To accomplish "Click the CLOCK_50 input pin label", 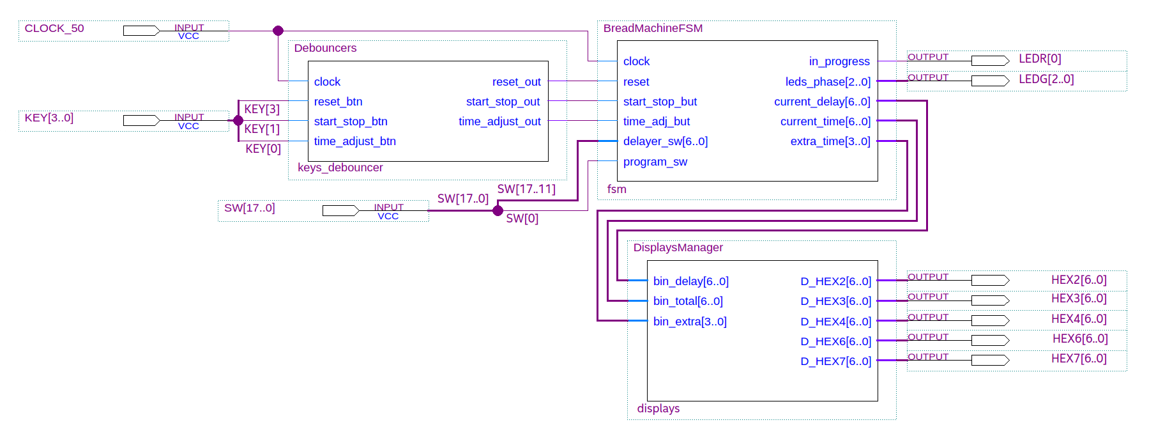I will (x=54, y=28).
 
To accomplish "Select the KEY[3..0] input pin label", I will (x=49, y=118).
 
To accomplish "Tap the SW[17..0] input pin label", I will (x=249, y=208).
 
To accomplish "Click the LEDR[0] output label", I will (x=1040, y=59).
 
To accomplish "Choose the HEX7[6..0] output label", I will (x=1079, y=359).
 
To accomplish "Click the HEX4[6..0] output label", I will (x=1079, y=318).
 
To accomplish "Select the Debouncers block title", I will (x=325, y=48).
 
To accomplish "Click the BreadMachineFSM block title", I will (x=653, y=28).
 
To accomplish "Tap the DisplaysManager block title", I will (x=678, y=247).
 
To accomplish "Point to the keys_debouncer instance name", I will (x=340, y=167).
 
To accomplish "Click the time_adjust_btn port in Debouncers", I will (x=354, y=141).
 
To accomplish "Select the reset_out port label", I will (x=516, y=82).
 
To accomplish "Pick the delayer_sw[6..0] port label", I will (x=665, y=141).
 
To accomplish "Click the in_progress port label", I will (x=839, y=61).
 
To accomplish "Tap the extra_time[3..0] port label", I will (x=830, y=141).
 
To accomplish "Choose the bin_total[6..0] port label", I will (x=688, y=301).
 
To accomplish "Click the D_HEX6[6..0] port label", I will (x=835, y=341).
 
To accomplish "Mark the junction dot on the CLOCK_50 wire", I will (x=278, y=31).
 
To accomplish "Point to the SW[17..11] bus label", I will (x=526, y=189).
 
